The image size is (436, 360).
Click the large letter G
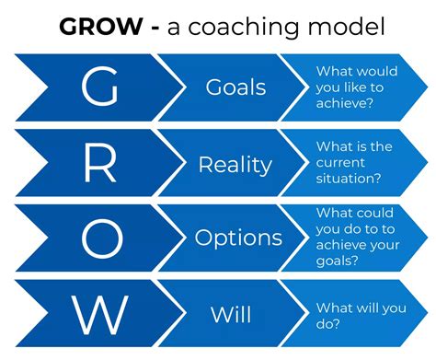click(x=98, y=87)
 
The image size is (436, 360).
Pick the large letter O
click(x=98, y=238)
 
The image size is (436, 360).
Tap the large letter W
click(x=98, y=315)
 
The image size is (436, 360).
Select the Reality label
click(x=235, y=165)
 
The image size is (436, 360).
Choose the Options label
click(x=238, y=238)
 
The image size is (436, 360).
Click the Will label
click(x=231, y=315)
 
